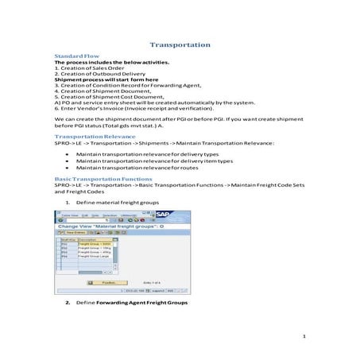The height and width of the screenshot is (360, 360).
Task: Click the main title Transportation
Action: pyautogui.click(x=180, y=45)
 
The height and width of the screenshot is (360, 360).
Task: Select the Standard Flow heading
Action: pyautogui.click(x=72, y=59)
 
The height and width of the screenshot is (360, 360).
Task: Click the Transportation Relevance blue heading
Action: pyautogui.click(x=87, y=137)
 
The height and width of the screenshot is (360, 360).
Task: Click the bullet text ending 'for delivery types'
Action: pyautogui.click(x=147, y=153)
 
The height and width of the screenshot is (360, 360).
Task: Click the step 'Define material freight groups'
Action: pyautogui.click(x=117, y=203)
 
